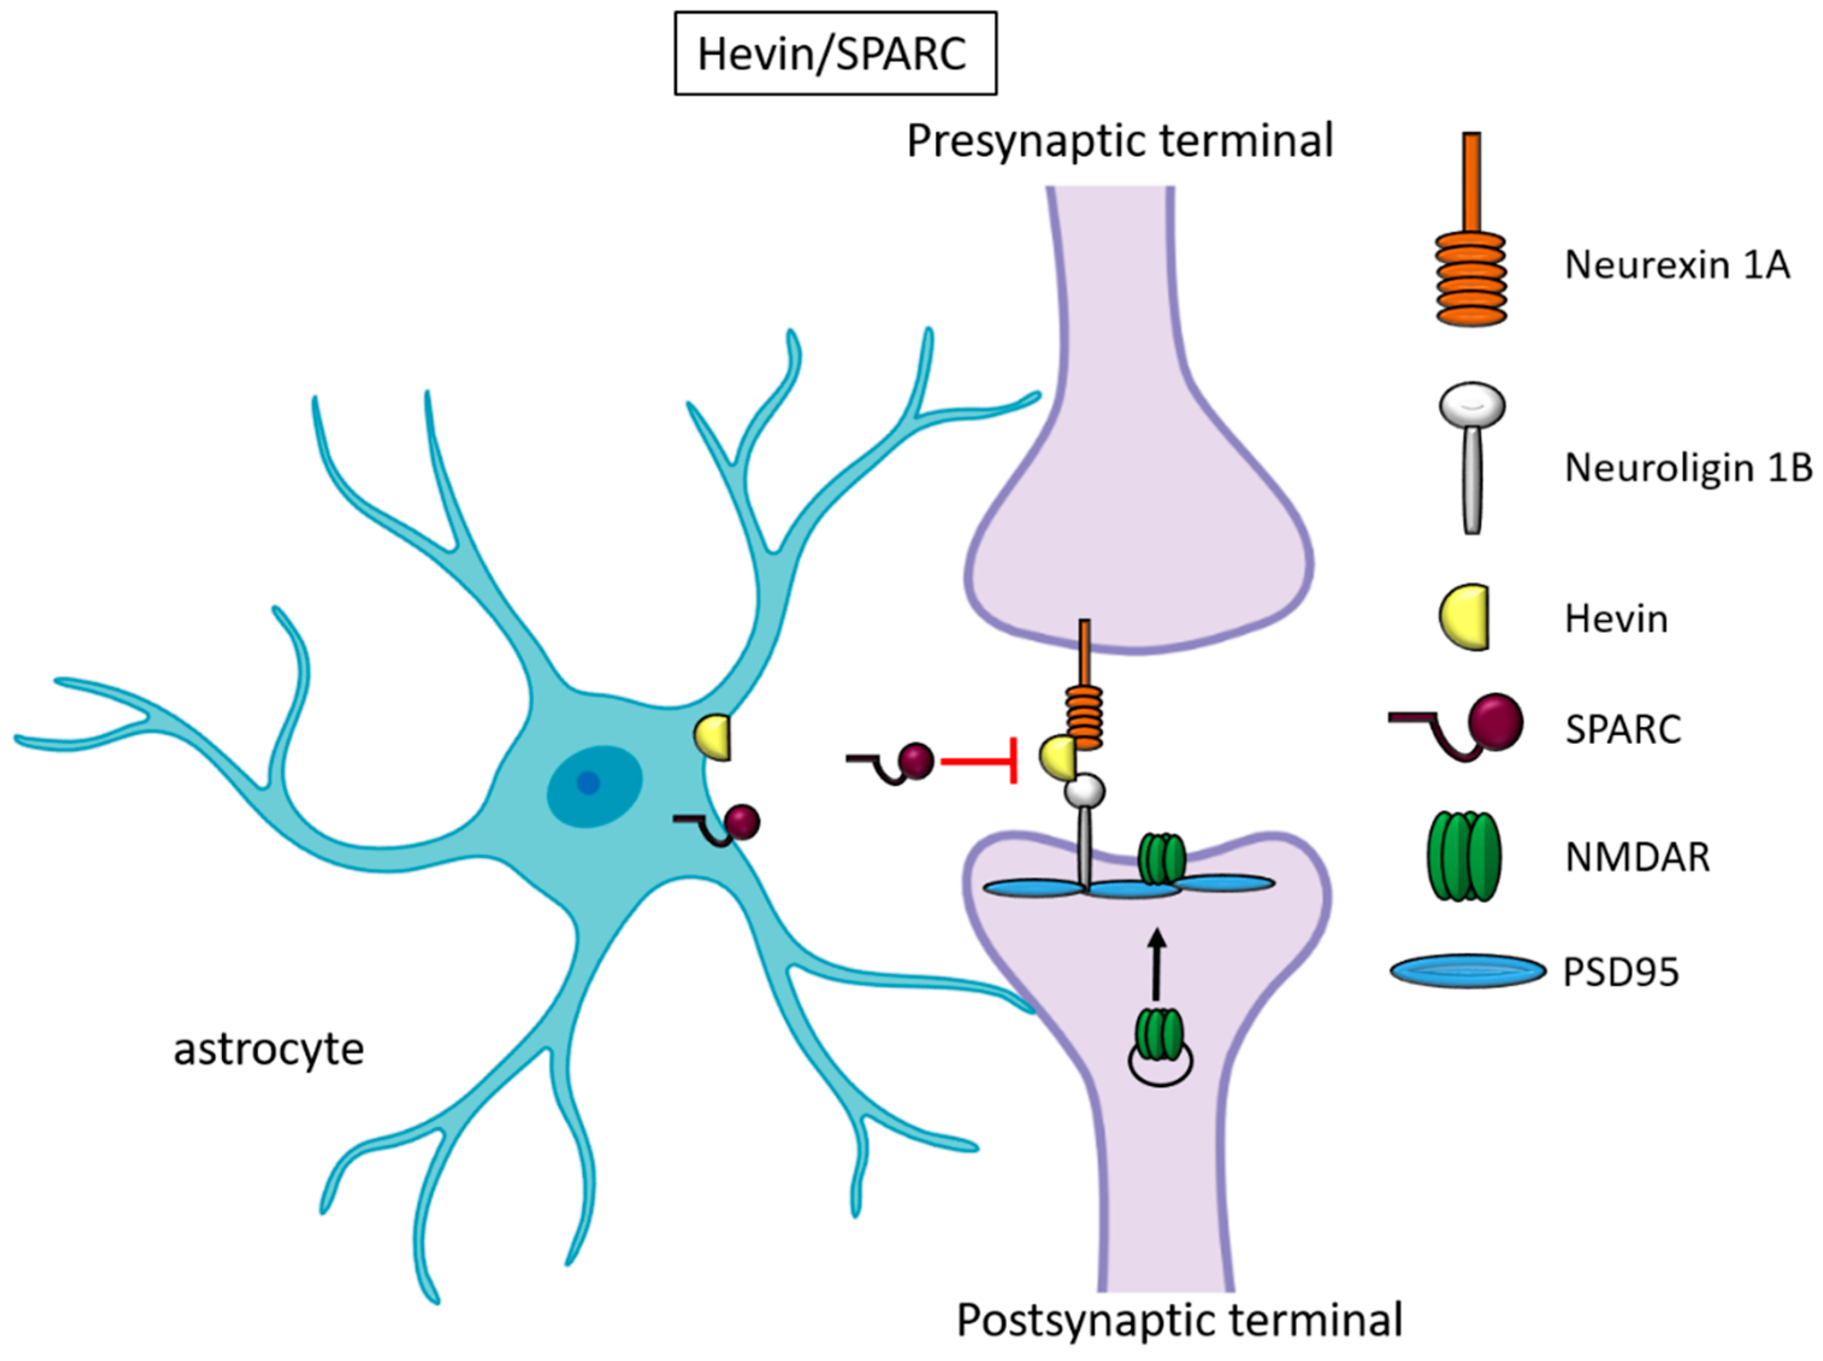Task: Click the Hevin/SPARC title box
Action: pyautogui.click(x=834, y=54)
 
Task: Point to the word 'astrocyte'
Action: pyautogui.click(x=268, y=1049)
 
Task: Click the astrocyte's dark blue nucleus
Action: pyautogui.click(x=588, y=783)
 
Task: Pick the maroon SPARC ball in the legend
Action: pyautogui.click(x=1495, y=723)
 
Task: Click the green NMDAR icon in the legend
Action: pyautogui.click(x=1464, y=857)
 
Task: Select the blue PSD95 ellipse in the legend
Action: pyautogui.click(x=1467, y=971)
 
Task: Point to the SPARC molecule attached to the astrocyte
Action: pyautogui.click(x=740, y=822)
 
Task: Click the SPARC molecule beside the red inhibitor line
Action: pyautogui.click(x=915, y=761)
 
